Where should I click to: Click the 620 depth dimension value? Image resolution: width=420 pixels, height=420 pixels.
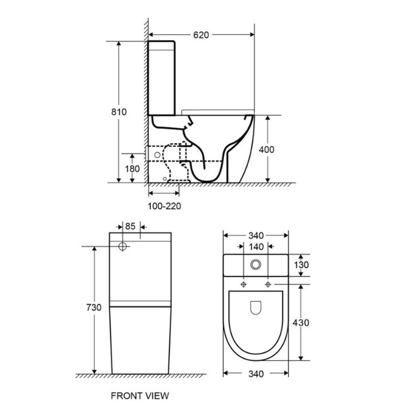(201, 35)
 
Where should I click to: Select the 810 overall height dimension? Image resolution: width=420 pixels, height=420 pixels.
(119, 112)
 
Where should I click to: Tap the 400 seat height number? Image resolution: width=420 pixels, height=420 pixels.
(266, 149)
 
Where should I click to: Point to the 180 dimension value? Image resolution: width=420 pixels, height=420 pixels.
(132, 169)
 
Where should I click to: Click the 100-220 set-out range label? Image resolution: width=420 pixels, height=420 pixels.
(164, 206)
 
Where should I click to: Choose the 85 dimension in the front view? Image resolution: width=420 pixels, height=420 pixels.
(130, 226)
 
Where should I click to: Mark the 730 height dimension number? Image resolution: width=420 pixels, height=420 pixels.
(94, 307)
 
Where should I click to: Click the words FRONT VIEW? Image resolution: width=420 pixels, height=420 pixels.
(140, 395)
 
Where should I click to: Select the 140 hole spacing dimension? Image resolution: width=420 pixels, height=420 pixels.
(256, 247)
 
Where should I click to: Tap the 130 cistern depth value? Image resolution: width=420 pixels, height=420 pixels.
(301, 265)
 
